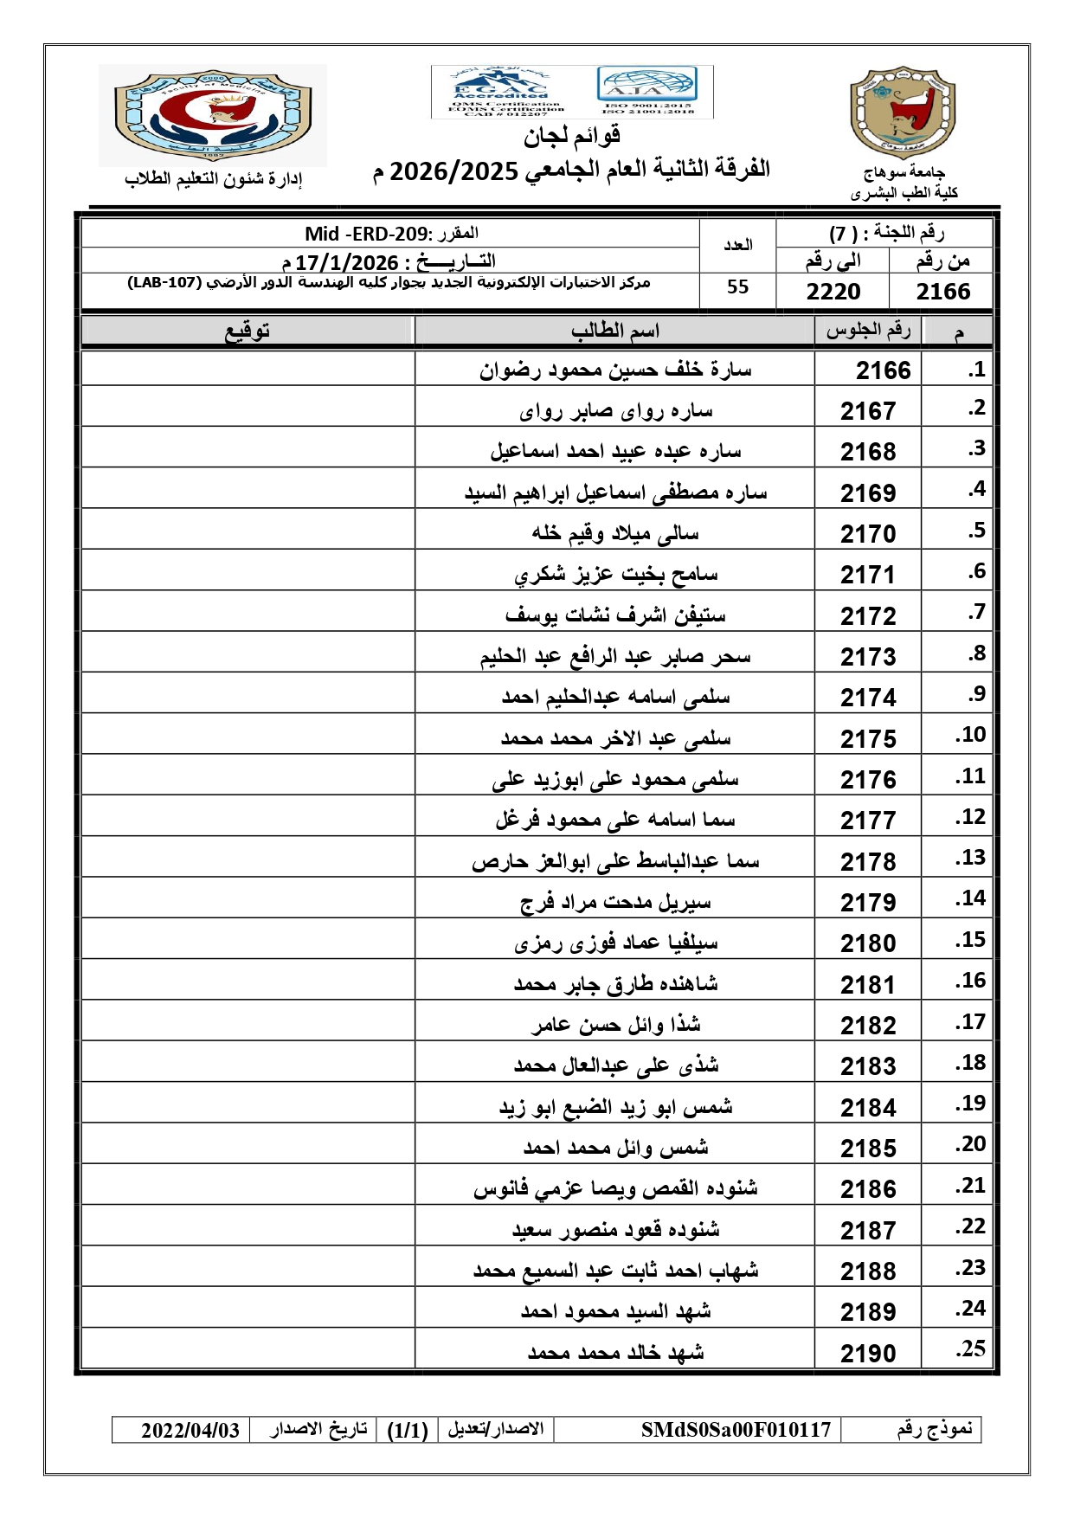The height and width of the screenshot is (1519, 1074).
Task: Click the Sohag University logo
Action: (x=903, y=113)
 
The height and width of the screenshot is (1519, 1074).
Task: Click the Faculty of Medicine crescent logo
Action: (x=213, y=116)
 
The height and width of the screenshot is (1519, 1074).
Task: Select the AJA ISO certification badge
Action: (x=647, y=90)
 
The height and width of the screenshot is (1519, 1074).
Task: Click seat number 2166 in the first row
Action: (x=883, y=370)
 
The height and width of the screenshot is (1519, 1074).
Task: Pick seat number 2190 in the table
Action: (x=868, y=1353)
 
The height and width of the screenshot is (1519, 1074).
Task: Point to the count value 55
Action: (x=737, y=287)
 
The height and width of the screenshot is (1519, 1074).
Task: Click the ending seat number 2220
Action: (x=833, y=292)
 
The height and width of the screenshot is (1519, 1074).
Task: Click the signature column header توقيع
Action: (x=248, y=331)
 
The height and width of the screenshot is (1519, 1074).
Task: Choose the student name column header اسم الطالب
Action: (x=614, y=331)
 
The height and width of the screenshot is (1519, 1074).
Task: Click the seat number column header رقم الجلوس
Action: (x=868, y=331)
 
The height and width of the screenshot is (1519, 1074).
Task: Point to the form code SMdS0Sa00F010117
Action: (x=736, y=1430)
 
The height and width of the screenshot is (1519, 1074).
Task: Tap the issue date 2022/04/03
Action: (x=190, y=1430)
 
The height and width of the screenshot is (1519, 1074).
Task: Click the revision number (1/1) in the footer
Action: (x=408, y=1430)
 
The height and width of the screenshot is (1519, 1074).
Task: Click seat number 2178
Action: (x=868, y=862)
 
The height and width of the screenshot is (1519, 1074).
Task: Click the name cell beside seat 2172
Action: (x=614, y=615)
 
